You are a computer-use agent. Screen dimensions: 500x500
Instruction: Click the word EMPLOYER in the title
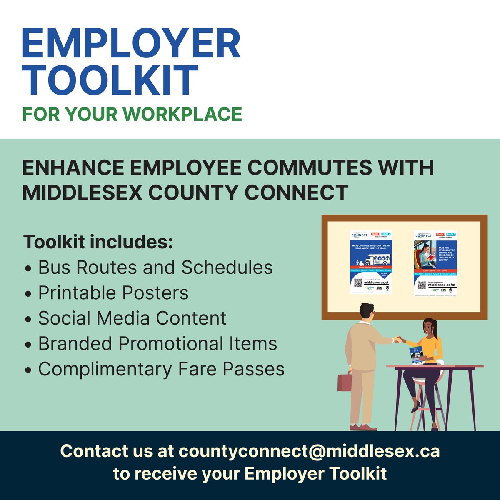pos(131,44)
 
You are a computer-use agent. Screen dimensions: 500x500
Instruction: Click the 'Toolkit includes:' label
pos(98,242)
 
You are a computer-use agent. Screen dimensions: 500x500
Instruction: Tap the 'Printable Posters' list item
pos(113,293)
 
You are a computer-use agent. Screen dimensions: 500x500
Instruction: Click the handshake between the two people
pos(398,339)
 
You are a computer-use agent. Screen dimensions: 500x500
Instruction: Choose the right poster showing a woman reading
pos(435,262)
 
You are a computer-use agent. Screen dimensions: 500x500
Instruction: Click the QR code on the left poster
pos(358,283)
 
